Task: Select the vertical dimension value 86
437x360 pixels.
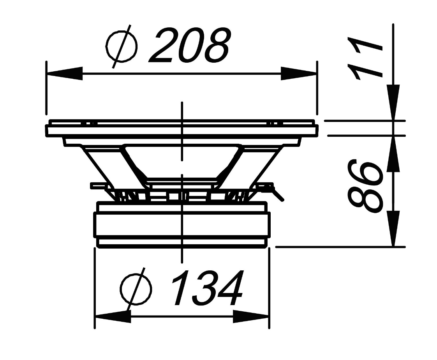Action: point(365,185)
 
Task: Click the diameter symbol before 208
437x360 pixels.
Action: point(121,46)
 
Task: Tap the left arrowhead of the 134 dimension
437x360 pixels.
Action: point(113,317)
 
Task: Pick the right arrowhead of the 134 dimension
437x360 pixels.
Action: point(251,317)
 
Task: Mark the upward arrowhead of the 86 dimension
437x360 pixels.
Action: point(393,154)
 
